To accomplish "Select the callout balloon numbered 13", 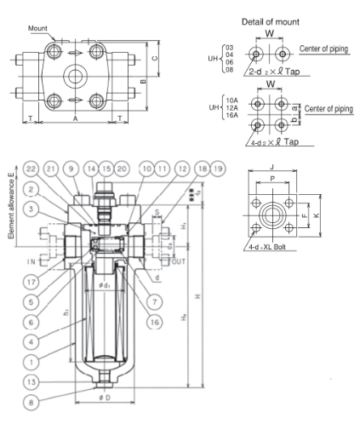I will (32, 381).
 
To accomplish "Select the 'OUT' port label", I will (178, 261).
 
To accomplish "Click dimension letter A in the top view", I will (75, 119).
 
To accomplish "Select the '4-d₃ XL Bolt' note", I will (268, 247).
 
